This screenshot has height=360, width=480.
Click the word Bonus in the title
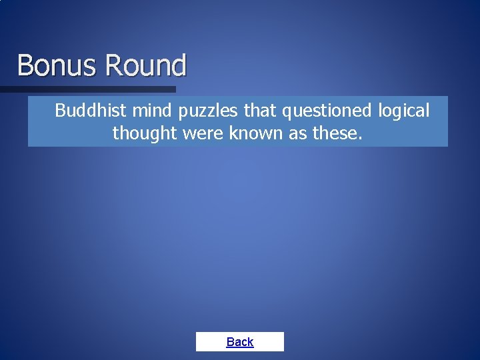tap(57, 65)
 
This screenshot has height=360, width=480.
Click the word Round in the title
tap(145, 65)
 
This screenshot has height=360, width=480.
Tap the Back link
tap(239, 342)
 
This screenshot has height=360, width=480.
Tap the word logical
tap(404, 111)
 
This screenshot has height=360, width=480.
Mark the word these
tap(335, 133)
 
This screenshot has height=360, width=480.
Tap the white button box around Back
tap(270, 341)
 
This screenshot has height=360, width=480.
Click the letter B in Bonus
tap(25, 65)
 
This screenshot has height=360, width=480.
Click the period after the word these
tap(361, 138)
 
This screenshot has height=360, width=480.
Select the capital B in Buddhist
tap(60, 110)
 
